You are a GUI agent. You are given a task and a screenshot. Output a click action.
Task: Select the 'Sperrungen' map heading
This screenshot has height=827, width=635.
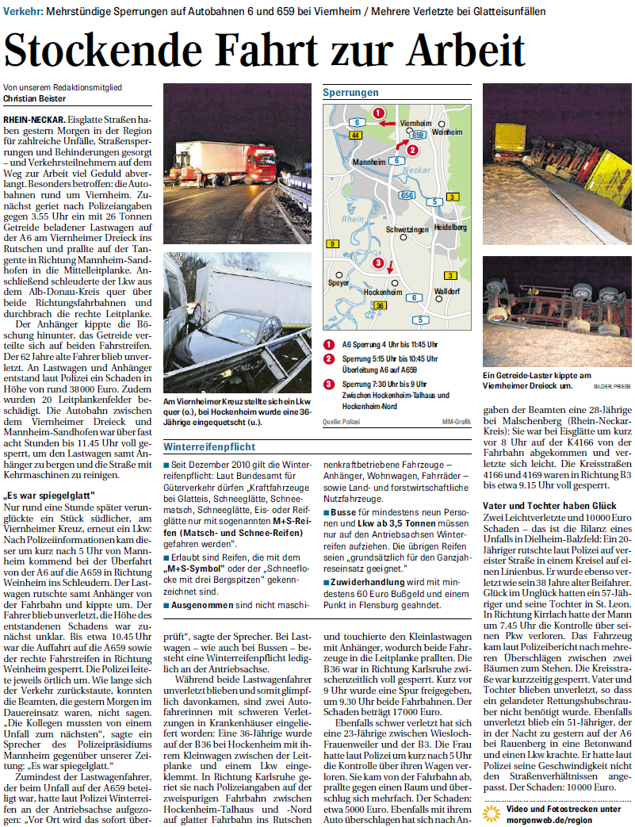tap(350, 93)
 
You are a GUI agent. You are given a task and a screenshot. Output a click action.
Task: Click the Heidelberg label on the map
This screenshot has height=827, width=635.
tap(450, 227)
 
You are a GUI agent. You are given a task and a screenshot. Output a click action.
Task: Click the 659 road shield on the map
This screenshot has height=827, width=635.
tap(419, 136)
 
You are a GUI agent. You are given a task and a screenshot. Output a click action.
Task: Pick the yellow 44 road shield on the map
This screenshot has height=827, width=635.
tap(355, 136)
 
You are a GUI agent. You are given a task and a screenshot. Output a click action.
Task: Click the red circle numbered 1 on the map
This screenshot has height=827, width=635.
tap(379, 113)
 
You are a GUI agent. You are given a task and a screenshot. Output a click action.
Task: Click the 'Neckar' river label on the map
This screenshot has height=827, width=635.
tap(419, 170)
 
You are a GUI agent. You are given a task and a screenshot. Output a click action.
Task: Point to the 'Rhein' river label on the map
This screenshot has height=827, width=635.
tap(354, 219)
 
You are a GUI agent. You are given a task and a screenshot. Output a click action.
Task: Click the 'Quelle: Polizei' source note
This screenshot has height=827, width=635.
tap(341, 422)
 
